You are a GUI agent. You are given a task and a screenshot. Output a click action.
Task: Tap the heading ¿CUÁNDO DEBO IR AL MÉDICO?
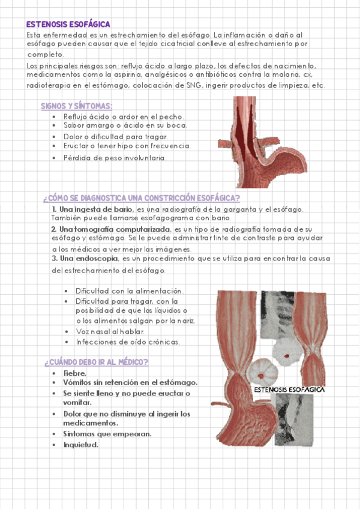96,362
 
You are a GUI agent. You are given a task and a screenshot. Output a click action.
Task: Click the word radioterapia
47,85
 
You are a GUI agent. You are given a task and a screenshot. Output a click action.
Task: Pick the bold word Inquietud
80,445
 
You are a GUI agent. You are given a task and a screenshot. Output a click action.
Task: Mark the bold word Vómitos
80,382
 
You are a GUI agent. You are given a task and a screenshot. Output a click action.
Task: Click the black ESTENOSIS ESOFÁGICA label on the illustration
289,389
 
